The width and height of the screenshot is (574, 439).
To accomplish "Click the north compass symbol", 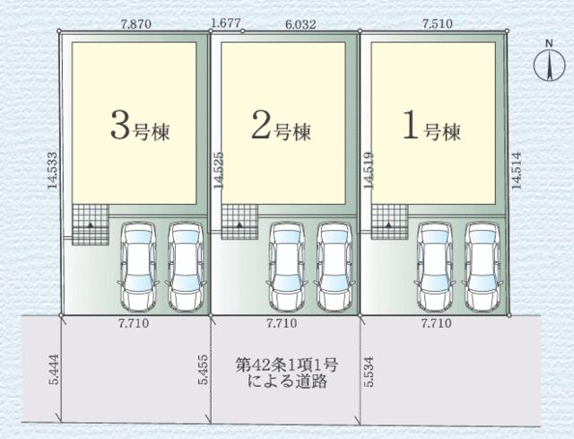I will pos(546,64).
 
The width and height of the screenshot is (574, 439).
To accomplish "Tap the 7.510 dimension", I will pos(434,25).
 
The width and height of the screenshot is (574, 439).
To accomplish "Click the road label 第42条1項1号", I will pos(286,365).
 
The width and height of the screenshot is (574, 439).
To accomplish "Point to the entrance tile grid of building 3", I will pos(90,222).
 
